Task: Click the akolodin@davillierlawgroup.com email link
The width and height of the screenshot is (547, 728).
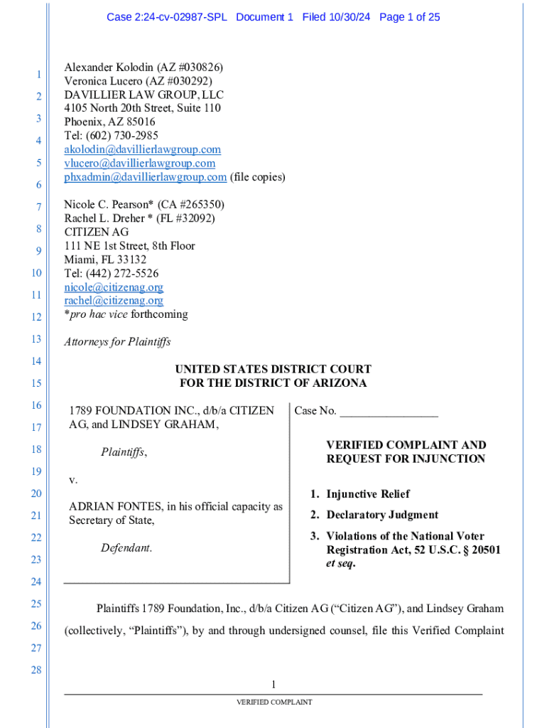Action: coord(142,149)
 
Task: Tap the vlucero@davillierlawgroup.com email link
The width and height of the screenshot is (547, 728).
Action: coord(139,163)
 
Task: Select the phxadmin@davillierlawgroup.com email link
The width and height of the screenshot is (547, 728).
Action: coord(146,176)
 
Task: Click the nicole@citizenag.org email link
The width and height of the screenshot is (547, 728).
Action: coord(114,287)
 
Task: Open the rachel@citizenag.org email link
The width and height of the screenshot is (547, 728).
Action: coord(114,301)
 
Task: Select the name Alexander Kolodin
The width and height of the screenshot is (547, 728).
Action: coord(104,68)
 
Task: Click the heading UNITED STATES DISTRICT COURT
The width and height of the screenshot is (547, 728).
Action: coord(273,369)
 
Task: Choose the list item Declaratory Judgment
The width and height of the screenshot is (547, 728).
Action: coord(382,515)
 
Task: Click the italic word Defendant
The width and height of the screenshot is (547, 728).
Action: coord(126,548)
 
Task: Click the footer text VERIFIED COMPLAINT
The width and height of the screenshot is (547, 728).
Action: coord(274,702)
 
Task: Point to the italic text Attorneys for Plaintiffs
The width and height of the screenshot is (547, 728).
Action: coord(117,342)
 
